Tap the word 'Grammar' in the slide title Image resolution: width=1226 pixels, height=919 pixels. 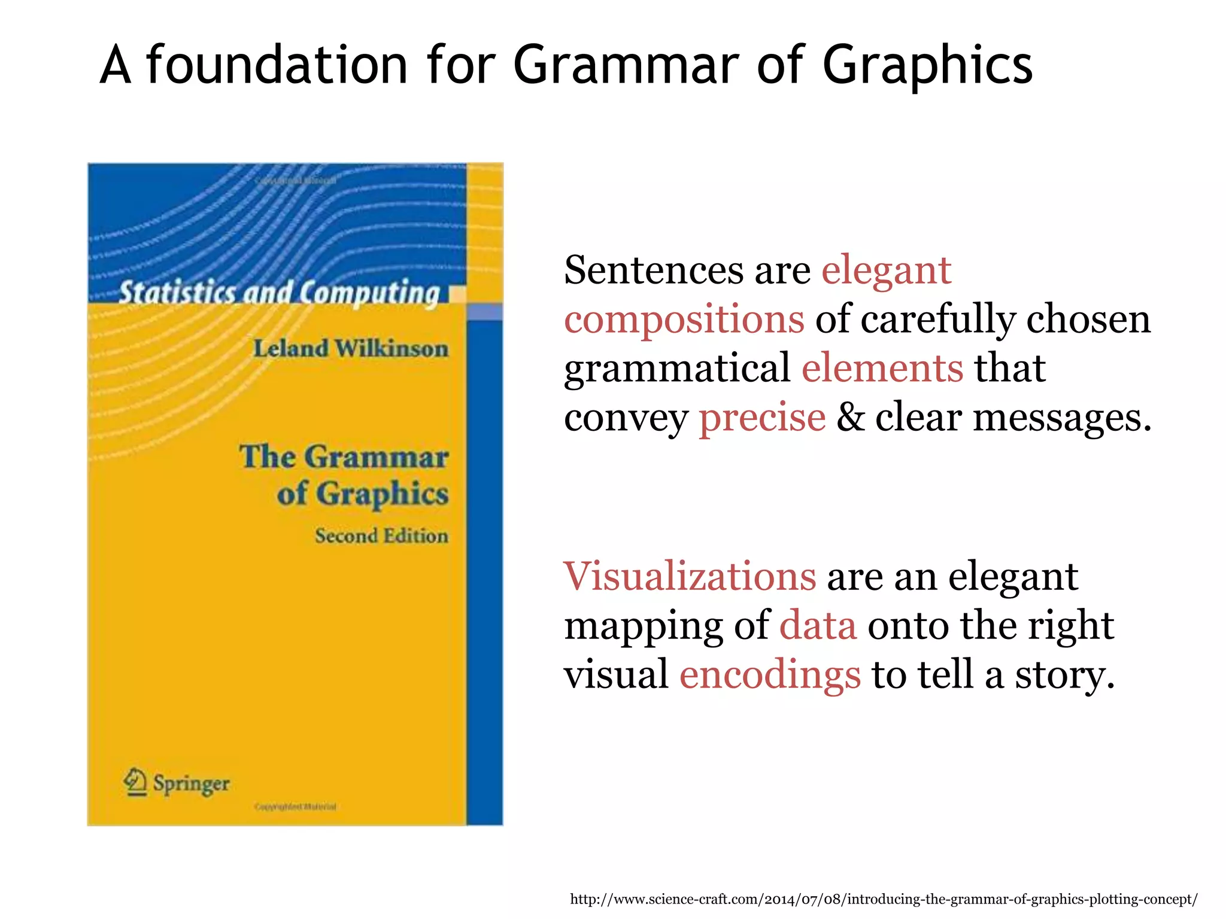pos(626,66)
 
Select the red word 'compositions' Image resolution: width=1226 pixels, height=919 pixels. pos(684,319)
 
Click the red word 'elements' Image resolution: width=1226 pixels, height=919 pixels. pos(882,367)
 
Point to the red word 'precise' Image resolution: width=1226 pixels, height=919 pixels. pos(762,417)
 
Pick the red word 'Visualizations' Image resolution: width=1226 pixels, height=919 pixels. pos(690,576)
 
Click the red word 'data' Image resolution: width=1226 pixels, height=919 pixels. pos(818,625)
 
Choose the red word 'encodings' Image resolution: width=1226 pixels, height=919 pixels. pos(770,675)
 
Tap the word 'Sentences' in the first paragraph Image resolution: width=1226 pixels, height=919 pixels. pos(653,270)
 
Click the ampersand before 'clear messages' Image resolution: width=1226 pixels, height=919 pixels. pos(850,417)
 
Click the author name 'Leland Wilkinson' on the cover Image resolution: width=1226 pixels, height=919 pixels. pos(351,348)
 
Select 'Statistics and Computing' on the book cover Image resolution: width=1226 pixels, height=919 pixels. pos(279,293)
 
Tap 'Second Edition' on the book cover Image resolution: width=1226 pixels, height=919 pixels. pos(381,535)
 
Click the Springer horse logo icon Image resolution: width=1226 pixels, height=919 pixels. pos(136,782)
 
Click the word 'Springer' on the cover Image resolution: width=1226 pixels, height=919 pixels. pos(191,783)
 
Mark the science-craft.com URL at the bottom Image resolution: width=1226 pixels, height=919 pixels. pos(884,899)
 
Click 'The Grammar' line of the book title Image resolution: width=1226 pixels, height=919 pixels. pos(344,457)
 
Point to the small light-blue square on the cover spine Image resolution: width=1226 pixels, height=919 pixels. pos(484,312)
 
